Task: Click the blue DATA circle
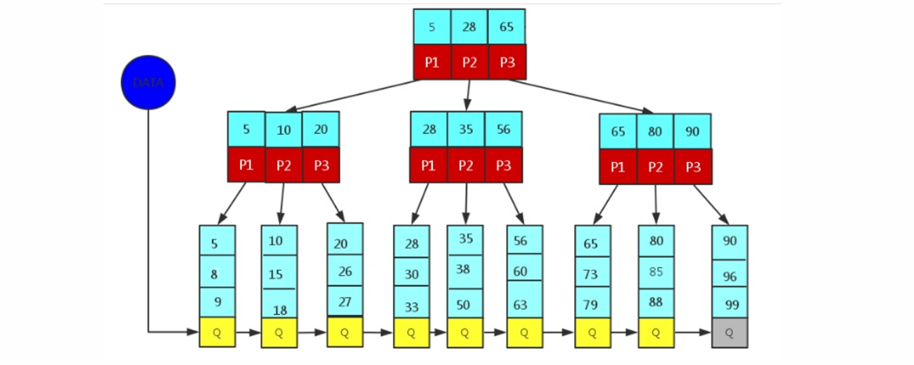pyautogui.click(x=148, y=82)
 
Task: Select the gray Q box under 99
pyautogui.click(x=729, y=333)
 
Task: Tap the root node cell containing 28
pyautogui.click(x=469, y=27)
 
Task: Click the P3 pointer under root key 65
pyautogui.click(x=507, y=62)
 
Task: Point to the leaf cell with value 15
pyautogui.click(x=279, y=273)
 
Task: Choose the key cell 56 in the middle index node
pyautogui.click(x=503, y=129)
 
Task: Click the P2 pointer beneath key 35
pyautogui.click(x=466, y=165)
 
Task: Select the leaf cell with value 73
pyautogui.click(x=592, y=273)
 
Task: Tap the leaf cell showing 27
pyautogui.click(x=345, y=302)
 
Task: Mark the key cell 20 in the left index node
pyautogui.click(x=321, y=129)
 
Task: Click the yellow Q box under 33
pyautogui.click(x=412, y=333)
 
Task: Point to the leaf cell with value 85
pyautogui.click(x=656, y=271)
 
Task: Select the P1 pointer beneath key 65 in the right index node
pyautogui.click(x=618, y=167)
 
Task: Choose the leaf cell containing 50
pyautogui.click(x=464, y=304)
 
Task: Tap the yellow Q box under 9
pyautogui.click(x=217, y=332)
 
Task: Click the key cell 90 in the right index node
pyautogui.click(x=692, y=132)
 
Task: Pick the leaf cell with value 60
pyautogui.click(x=524, y=271)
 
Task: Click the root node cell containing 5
pyautogui.click(x=431, y=27)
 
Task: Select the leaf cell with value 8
pyautogui.click(x=217, y=273)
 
